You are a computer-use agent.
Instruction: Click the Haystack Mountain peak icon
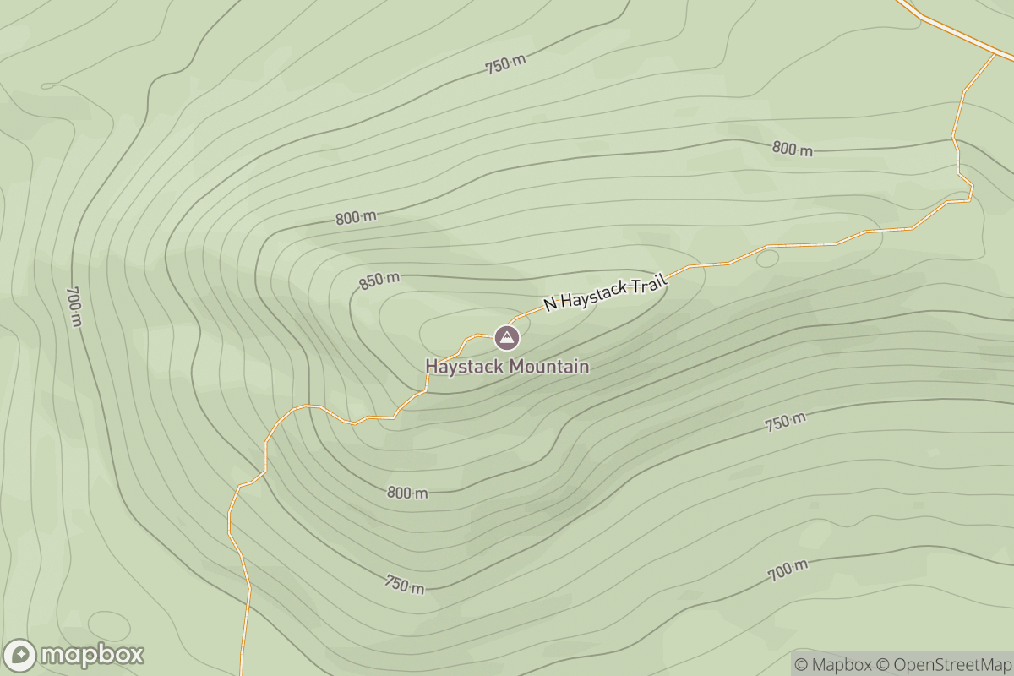506,338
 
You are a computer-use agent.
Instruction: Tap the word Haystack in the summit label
460,367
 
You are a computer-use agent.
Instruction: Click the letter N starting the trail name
549,303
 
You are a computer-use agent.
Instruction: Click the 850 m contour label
379,281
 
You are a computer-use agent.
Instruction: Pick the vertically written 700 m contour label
74,306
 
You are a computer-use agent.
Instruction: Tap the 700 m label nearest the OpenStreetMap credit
788,571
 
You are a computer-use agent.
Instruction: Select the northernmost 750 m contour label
505,64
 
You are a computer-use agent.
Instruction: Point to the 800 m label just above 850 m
356,217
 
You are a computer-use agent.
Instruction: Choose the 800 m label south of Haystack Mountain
407,493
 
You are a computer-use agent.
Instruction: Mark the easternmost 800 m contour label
793,149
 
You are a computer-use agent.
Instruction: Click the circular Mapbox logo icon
20,655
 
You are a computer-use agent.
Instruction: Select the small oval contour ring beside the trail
767,259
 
